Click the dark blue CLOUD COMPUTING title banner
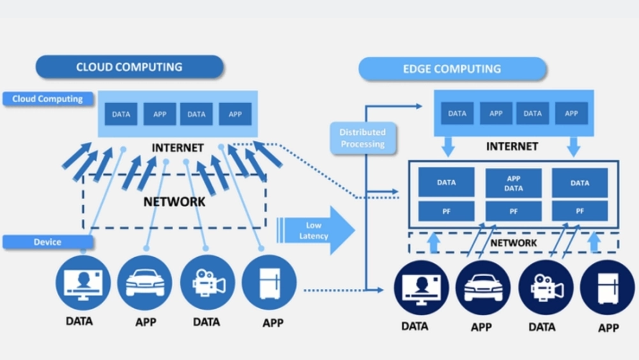tap(129, 67)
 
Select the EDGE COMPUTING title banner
tap(452, 69)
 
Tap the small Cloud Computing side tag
tap(47, 99)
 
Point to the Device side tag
tap(47, 242)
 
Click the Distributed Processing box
tap(362, 138)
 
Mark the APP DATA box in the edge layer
tap(513, 184)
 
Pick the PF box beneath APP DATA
tap(513, 210)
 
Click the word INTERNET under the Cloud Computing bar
tap(178, 148)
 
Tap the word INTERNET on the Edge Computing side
tap(512, 146)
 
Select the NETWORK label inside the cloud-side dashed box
tap(174, 201)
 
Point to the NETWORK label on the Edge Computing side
tap(514, 243)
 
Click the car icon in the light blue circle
tap(145, 283)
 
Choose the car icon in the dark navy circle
tap(482, 289)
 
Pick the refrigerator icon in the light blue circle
tap(269, 282)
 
